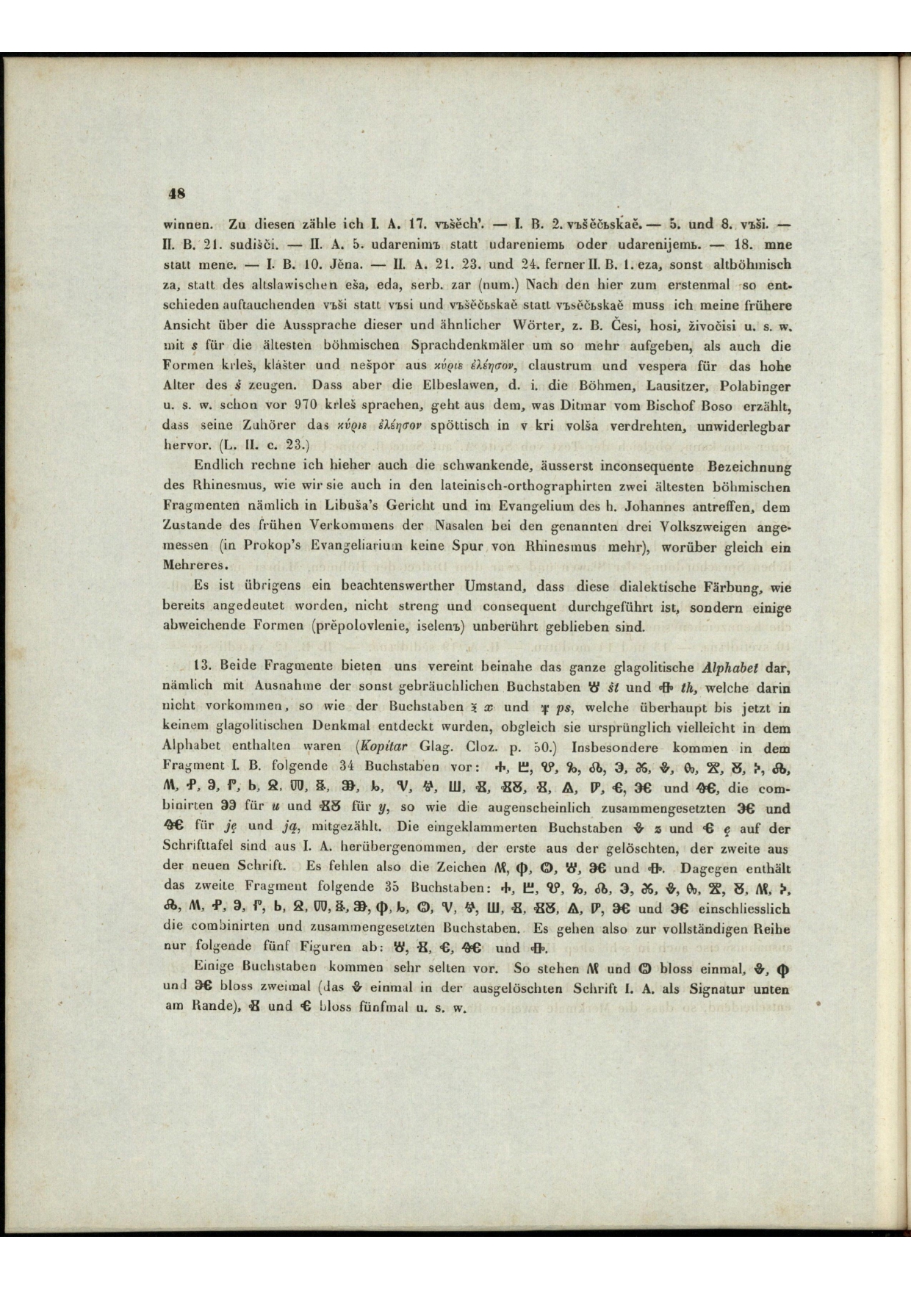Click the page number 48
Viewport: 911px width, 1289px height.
(177, 194)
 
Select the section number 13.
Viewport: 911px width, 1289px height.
(200, 668)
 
